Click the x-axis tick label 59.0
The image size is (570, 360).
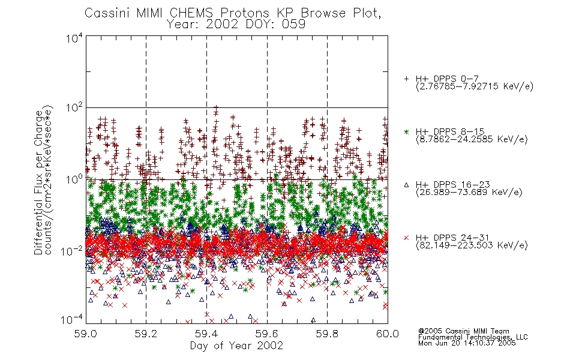pos(86,334)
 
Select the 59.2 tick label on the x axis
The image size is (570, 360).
pos(146,334)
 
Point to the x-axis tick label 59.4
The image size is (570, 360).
pos(206,334)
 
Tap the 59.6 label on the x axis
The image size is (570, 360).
pos(267,334)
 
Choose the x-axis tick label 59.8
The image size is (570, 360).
pos(327,334)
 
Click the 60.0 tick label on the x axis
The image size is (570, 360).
pos(388,334)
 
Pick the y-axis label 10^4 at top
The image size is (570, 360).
pos(74,38)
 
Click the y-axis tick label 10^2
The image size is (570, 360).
pos(74,108)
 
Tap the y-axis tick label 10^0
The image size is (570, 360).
pos(74,179)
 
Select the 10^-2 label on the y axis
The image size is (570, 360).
pos(72,251)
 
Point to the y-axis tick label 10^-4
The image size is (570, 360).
pos(72,320)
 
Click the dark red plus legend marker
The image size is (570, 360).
pos(406,79)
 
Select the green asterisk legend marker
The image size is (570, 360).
pos(406,131)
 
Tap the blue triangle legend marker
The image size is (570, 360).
pos(406,185)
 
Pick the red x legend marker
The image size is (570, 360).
pos(406,238)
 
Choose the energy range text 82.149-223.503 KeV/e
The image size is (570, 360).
pos(472,245)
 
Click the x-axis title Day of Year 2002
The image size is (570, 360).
pos(236,346)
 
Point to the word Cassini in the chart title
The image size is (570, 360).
pos(107,13)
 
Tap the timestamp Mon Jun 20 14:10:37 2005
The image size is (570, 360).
pos(467,343)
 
